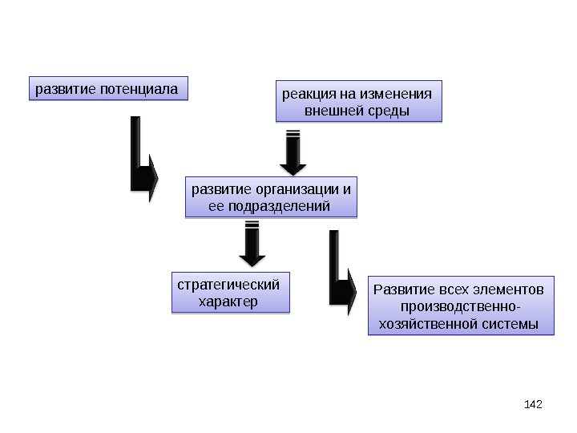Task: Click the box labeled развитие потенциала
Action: coord(107,88)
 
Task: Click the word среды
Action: coord(385,110)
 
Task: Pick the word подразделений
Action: coord(280,206)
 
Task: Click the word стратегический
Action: coord(228,285)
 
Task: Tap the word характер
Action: coord(228,301)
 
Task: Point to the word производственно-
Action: coord(460,306)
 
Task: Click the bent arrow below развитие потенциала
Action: coord(143,160)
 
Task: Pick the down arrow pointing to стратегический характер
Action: coord(252,245)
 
